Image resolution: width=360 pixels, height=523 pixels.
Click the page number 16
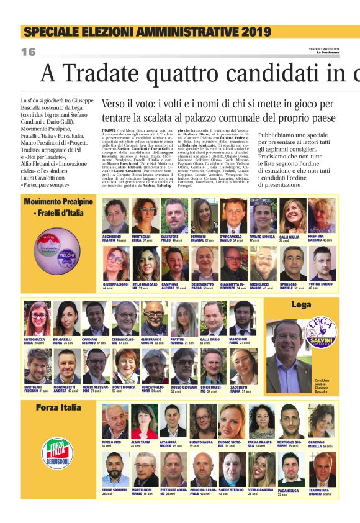point(29,52)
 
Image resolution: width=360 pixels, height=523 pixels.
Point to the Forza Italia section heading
point(58,407)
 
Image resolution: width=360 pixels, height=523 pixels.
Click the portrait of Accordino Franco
point(116,216)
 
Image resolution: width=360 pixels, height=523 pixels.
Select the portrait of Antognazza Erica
point(37,319)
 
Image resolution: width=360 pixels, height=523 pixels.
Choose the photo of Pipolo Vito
point(115,422)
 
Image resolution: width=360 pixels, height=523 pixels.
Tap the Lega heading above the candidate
point(301,305)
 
